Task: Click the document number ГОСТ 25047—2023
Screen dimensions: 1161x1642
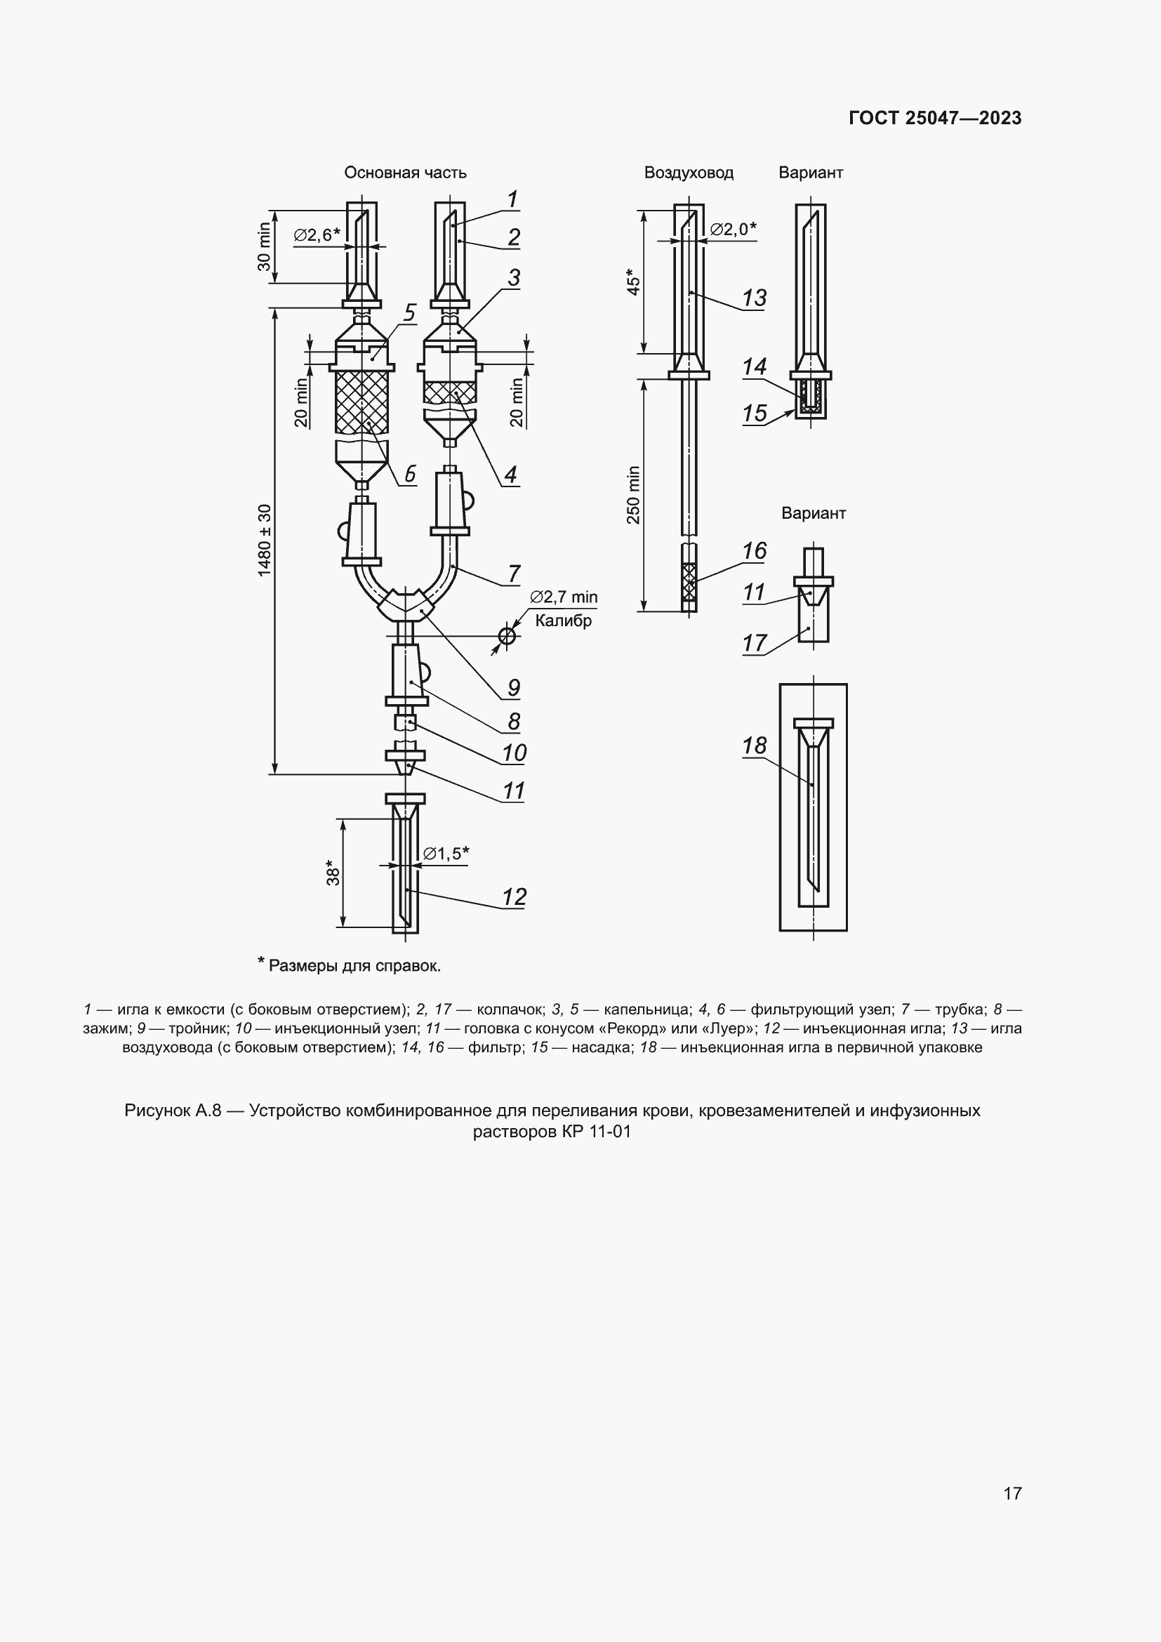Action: click(x=935, y=118)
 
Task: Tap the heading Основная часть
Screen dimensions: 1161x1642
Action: click(x=404, y=173)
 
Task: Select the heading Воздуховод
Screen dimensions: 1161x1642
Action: click(x=689, y=173)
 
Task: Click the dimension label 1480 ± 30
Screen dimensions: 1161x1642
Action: click(x=265, y=541)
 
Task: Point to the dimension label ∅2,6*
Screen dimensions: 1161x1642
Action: click(x=317, y=234)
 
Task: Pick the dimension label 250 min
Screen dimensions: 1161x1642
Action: click(x=633, y=495)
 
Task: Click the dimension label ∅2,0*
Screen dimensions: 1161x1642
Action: click(x=733, y=229)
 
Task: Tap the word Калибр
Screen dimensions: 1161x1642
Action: click(x=564, y=621)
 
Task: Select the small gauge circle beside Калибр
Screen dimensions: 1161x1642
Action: click(x=507, y=635)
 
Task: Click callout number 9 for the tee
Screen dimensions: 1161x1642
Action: click(x=513, y=688)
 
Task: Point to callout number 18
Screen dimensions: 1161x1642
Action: click(x=754, y=746)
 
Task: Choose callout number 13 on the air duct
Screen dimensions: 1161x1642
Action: click(x=754, y=298)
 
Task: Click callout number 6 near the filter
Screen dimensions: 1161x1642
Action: click(x=411, y=473)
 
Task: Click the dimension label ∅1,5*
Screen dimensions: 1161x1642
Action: click(x=446, y=853)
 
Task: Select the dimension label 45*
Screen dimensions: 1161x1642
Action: click(x=633, y=282)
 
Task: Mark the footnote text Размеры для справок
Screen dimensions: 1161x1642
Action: click(x=354, y=965)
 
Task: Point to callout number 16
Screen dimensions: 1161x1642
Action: click(x=754, y=550)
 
